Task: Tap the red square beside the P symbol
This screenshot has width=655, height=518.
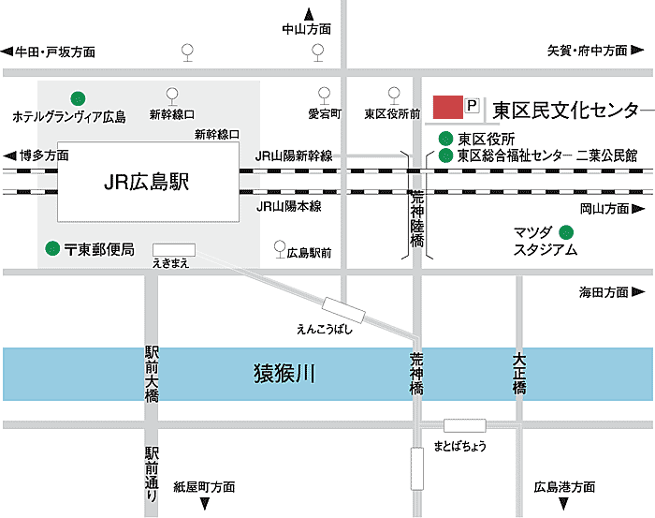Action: pyautogui.click(x=448, y=107)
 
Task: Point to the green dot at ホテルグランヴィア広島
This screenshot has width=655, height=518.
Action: pyautogui.click(x=78, y=96)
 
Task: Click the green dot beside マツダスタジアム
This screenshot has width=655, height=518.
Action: pyautogui.click(x=565, y=231)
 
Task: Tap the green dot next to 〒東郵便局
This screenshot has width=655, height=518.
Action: pyautogui.click(x=52, y=249)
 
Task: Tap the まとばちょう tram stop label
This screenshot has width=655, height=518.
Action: pyautogui.click(x=460, y=446)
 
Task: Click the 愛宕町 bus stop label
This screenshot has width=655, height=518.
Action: pyautogui.click(x=324, y=114)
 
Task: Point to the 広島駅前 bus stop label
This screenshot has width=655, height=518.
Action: pyautogui.click(x=310, y=252)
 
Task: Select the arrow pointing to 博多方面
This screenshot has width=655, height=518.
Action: pyautogui.click(x=10, y=155)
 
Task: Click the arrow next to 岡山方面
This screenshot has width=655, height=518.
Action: pyautogui.click(x=637, y=209)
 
